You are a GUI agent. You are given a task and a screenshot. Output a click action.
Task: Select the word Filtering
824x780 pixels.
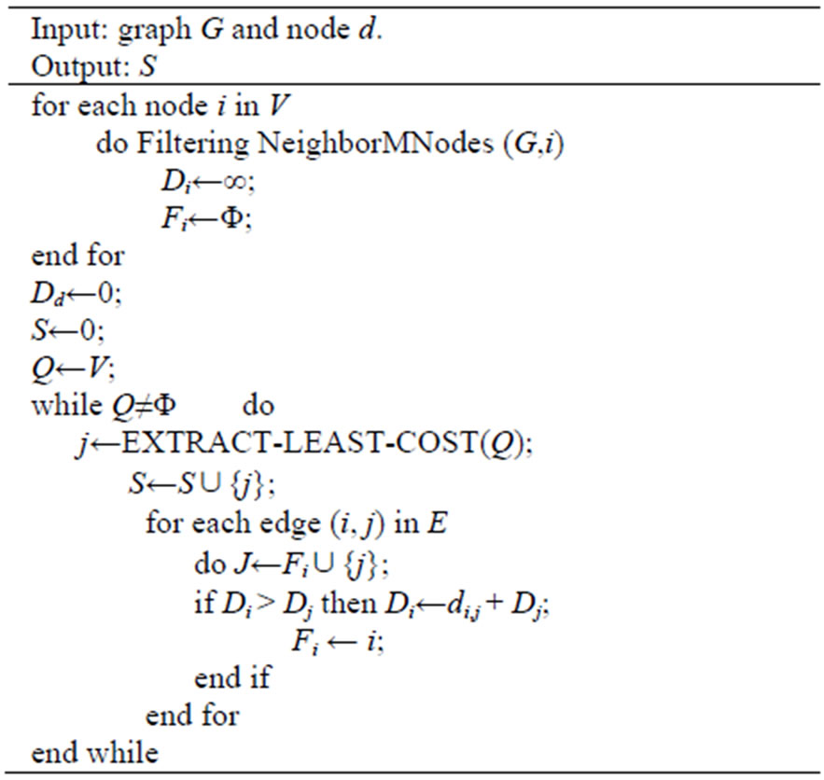[x=193, y=143]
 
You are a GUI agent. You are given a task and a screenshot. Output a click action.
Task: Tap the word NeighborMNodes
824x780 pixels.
[x=376, y=143]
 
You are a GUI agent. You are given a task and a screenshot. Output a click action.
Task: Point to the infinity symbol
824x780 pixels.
[x=234, y=182]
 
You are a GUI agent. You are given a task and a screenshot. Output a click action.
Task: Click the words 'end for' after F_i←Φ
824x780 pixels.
[x=77, y=256]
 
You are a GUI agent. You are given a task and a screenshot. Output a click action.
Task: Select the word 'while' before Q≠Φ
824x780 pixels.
[x=67, y=406]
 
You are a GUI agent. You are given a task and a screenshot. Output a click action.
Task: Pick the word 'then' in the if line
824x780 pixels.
[x=349, y=603]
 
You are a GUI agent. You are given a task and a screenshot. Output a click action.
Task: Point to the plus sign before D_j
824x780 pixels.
[x=494, y=604]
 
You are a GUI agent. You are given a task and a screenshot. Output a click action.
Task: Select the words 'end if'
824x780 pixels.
[x=232, y=677]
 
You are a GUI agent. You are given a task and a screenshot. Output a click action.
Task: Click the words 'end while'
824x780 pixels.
[x=94, y=752]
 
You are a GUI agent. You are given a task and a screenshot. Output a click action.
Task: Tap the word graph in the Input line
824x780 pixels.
[x=155, y=31]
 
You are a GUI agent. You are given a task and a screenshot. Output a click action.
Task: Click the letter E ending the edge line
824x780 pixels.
[x=437, y=523]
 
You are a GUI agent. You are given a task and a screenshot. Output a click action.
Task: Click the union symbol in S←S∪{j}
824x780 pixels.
[x=209, y=483]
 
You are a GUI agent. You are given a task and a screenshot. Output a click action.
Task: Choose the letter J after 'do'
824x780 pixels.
[x=243, y=564]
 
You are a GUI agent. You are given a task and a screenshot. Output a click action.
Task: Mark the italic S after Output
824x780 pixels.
[x=147, y=66]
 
